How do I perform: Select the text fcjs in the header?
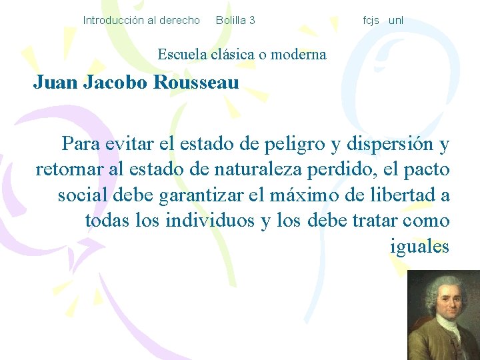coord(371,21)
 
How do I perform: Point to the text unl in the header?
coord(396,21)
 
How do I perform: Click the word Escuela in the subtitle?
coord(181,54)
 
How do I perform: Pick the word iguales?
coord(419,247)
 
